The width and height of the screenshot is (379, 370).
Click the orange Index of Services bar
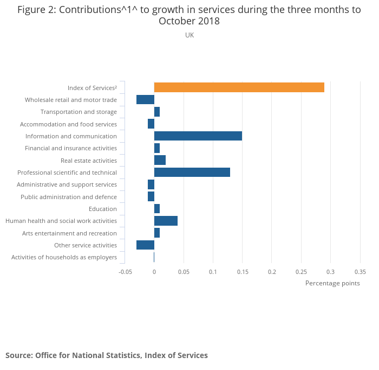(x=239, y=87)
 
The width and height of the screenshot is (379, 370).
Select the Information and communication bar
(x=198, y=136)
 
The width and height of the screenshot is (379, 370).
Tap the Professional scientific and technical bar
(x=192, y=173)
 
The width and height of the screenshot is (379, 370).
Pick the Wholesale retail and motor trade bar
(x=145, y=100)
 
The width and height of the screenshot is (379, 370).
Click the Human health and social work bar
(x=166, y=221)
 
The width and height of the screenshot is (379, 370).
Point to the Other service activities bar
(x=145, y=245)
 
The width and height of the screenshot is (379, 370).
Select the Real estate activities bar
(x=160, y=160)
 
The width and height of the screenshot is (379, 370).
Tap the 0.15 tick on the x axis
(x=242, y=271)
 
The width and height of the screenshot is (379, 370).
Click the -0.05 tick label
(x=125, y=271)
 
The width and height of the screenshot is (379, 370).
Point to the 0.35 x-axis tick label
(x=360, y=271)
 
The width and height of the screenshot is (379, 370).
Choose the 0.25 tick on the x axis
(x=301, y=271)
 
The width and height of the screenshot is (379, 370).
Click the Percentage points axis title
(x=332, y=283)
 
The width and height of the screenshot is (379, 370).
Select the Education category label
(x=103, y=209)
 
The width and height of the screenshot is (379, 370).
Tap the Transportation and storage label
(x=79, y=112)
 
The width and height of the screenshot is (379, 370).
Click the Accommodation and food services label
(x=68, y=124)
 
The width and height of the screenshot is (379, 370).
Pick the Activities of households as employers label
(x=64, y=257)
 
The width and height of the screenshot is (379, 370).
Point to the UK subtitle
(x=190, y=35)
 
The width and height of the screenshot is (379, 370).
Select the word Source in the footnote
(x=19, y=355)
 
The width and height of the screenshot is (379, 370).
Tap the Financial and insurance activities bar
(x=157, y=148)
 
